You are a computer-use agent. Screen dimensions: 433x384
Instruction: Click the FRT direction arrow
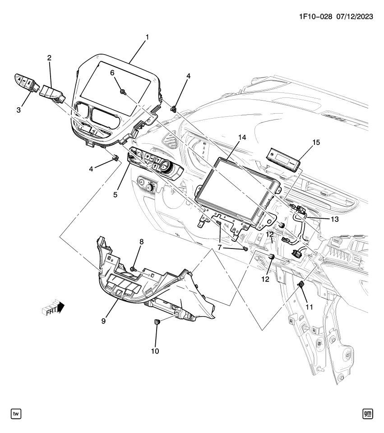(55, 309)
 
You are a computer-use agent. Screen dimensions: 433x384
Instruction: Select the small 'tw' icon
(16, 413)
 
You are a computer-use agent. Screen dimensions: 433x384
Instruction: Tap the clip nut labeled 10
(157, 322)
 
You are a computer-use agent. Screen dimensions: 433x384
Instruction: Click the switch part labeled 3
(24, 81)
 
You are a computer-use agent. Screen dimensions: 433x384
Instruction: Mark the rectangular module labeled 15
(284, 159)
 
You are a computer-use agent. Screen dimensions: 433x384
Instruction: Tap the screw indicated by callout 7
(245, 249)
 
